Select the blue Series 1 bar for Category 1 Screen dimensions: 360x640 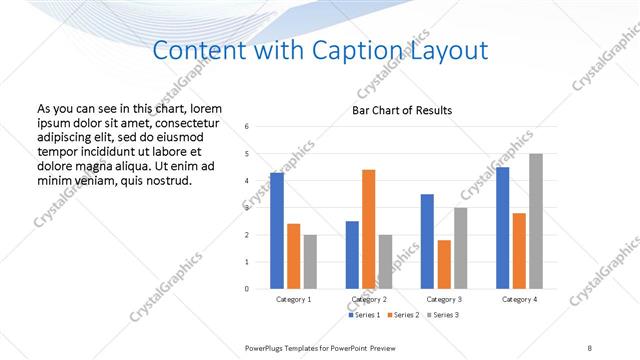point(277,230)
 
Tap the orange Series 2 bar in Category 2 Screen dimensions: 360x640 point(368,229)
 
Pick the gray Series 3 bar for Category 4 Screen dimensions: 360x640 point(536,221)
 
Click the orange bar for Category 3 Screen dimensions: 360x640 point(444,264)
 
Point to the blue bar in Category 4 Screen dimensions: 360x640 point(502,227)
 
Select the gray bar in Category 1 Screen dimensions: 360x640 point(310,261)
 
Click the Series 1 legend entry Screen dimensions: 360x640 point(364,315)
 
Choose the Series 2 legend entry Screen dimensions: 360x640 point(402,315)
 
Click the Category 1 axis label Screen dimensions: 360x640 point(294,299)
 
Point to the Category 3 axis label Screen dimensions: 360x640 point(444,299)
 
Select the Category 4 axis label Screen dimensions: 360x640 point(519,299)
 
